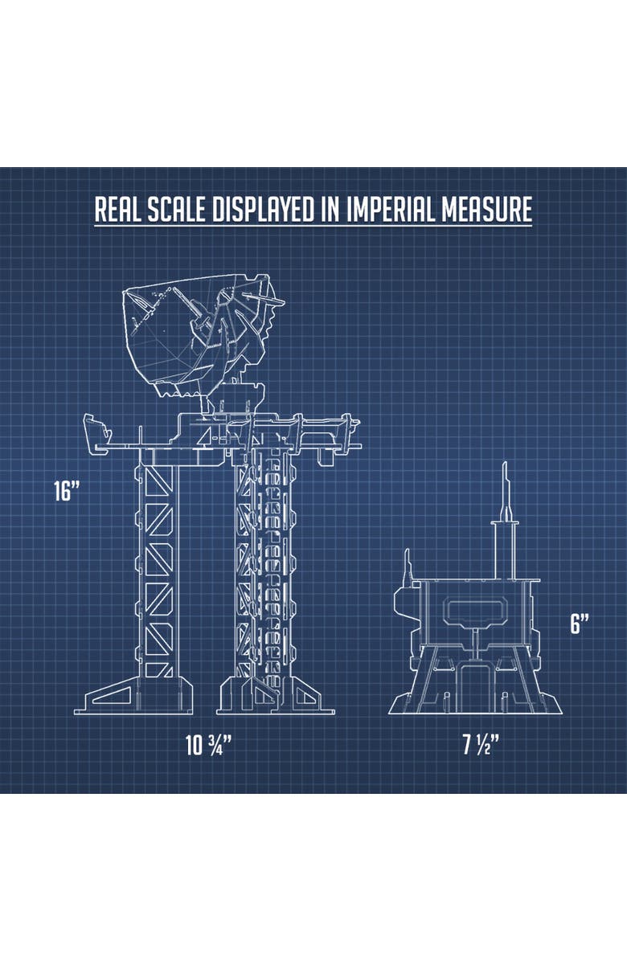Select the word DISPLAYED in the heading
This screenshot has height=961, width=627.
264,210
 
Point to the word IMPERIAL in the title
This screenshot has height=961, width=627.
391,210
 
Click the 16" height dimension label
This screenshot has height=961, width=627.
67,491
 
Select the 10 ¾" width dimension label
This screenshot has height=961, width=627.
208,746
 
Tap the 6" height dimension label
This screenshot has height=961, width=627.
580,624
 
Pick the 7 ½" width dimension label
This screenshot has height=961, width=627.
482,746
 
